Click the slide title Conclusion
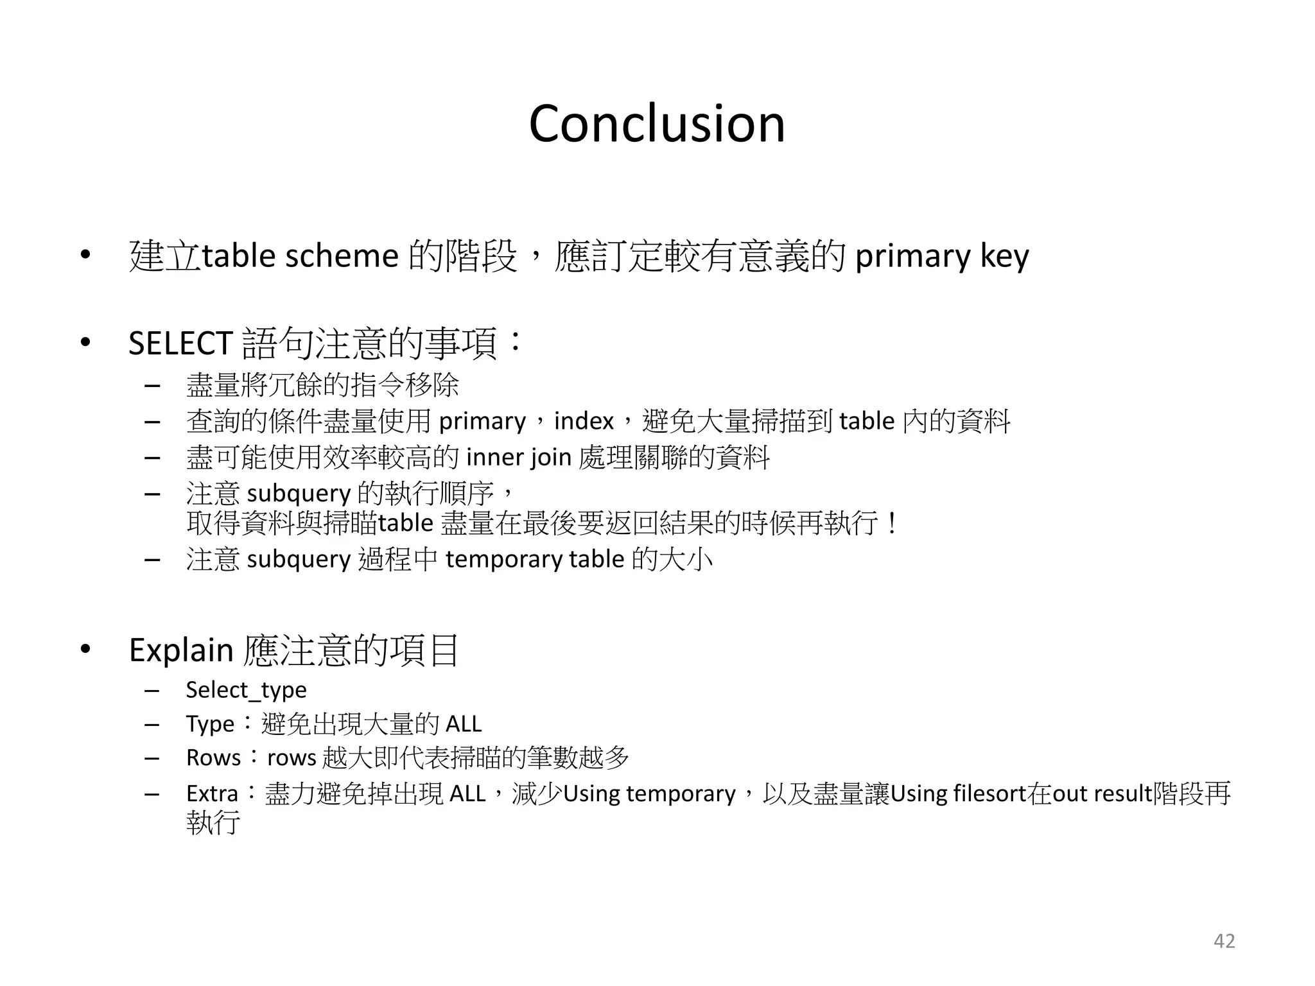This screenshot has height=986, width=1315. (657, 123)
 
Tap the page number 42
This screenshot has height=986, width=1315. (1224, 941)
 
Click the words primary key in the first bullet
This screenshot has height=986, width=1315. (942, 256)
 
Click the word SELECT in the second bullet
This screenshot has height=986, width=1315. (180, 343)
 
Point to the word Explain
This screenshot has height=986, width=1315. (180, 650)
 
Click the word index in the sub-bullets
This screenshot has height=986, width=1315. (584, 421)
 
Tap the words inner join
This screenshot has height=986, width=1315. (518, 458)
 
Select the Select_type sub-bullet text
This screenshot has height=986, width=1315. (246, 690)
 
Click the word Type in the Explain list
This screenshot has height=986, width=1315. (210, 724)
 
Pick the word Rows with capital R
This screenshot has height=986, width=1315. (213, 758)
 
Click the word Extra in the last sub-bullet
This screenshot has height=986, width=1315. (212, 794)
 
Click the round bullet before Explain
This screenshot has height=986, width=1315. (85, 650)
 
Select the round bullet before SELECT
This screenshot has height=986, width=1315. (85, 343)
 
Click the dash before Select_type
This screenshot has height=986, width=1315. (152, 691)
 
